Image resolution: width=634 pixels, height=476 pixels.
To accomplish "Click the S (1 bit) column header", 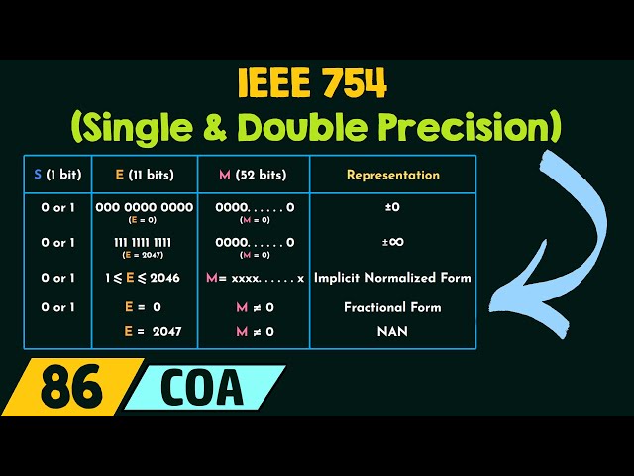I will pyautogui.click(x=57, y=175).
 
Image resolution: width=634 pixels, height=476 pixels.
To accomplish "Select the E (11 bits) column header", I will pyautogui.click(x=145, y=175).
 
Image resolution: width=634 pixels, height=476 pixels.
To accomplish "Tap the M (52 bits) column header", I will pyautogui.click(x=254, y=175).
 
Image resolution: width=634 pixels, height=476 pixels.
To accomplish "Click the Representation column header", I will pyautogui.click(x=392, y=175).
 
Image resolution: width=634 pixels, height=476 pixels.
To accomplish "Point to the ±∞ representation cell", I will pyautogui.click(x=392, y=242).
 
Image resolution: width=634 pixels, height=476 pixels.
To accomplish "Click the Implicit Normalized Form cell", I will pyautogui.click(x=392, y=278).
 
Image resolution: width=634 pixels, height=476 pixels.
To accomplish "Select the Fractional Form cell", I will pyautogui.click(x=392, y=307).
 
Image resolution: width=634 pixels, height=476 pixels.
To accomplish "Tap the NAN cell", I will pyautogui.click(x=392, y=332).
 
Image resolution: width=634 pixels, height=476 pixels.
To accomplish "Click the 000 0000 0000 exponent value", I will pyautogui.click(x=145, y=208).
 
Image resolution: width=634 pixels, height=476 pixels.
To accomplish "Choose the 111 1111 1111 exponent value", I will pyautogui.click(x=145, y=242).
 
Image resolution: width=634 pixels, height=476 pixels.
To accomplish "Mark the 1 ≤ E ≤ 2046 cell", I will pyautogui.click(x=145, y=278).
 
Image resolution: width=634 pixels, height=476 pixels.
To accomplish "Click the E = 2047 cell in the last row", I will pyautogui.click(x=145, y=332).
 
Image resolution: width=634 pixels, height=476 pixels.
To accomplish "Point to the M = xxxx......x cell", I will pyautogui.click(x=254, y=278).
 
